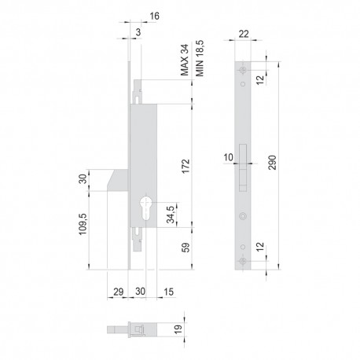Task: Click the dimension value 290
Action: tap(273, 163)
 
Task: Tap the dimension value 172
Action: tap(186, 166)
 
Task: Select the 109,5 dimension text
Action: tap(83, 224)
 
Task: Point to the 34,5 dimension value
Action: tap(171, 215)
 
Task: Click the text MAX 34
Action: tap(185, 60)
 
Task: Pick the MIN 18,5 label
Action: tap(200, 58)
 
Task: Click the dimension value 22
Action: tap(244, 34)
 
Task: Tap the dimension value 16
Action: tap(154, 16)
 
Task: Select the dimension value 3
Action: tap(138, 32)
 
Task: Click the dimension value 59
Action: tap(186, 248)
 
